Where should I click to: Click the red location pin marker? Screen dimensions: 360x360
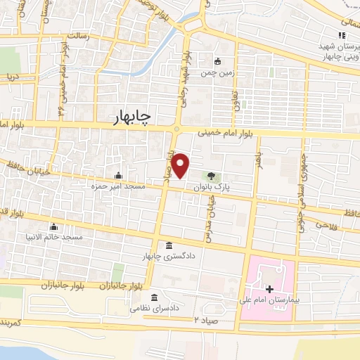click(181, 166)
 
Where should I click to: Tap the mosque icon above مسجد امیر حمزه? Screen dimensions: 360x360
click(117, 176)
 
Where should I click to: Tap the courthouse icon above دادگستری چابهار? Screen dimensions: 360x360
click(169, 245)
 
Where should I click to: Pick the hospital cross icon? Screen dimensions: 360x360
click(269, 289)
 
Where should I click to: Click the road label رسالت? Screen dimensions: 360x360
click(77, 35)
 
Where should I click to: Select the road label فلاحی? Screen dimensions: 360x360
click(327, 225)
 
